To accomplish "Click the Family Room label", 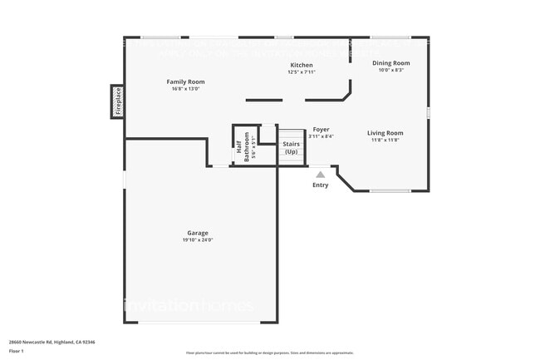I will (x=185, y=81).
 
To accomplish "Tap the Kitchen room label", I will (x=301, y=65).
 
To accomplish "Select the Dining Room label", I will (x=390, y=63).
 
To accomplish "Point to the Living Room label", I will (x=385, y=133).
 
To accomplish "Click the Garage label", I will (x=197, y=233).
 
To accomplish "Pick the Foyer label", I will (x=322, y=130).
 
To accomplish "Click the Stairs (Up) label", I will (x=291, y=148).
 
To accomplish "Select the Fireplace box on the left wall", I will (x=118, y=101).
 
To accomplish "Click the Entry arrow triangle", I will (x=320, y=175).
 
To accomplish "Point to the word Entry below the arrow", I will (x=320, y=185).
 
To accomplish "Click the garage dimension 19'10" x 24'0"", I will (x=197, y=240).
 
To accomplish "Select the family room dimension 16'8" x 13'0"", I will (x=185, y=89).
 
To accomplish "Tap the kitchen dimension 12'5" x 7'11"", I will (x=301, y=72).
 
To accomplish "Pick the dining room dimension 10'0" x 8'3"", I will (x=390, y=71).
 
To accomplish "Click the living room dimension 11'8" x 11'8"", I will (x=385, y=141).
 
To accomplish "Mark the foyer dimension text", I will (x=322, y=137).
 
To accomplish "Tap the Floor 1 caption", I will (x=17, y=353).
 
